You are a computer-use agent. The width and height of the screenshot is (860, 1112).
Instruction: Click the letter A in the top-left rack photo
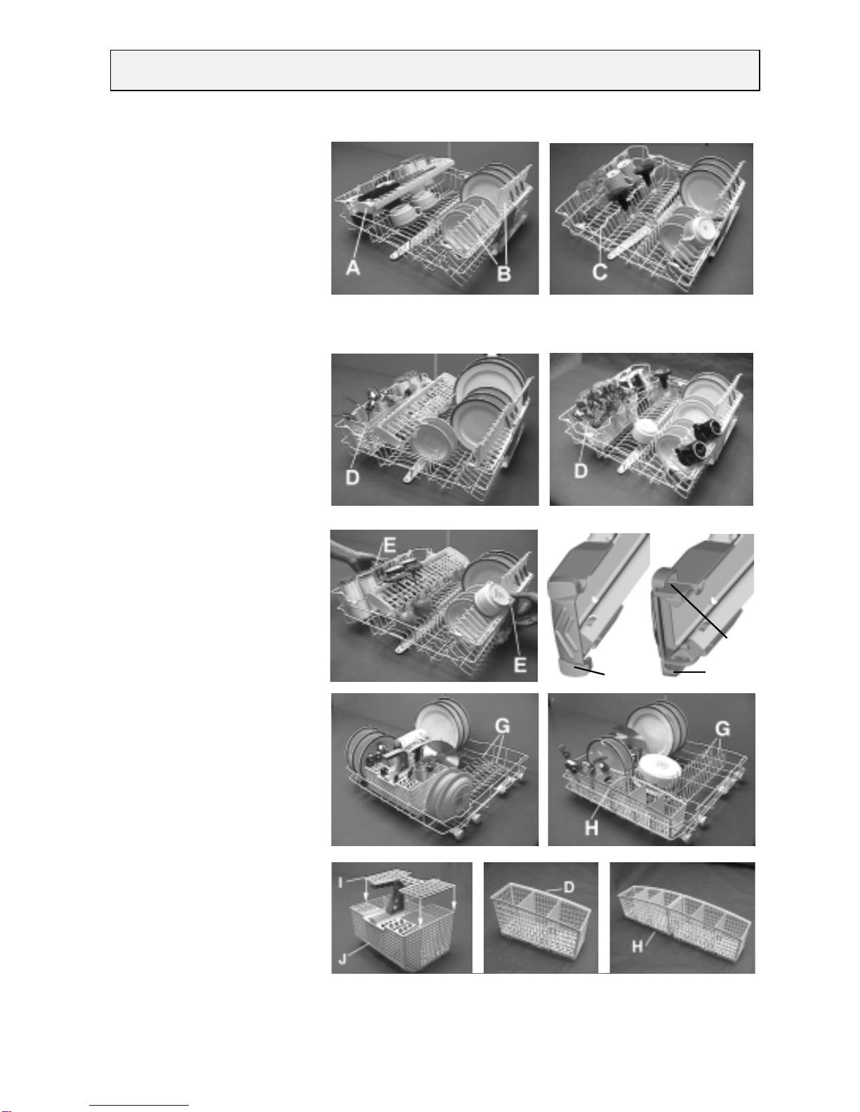[352, 267]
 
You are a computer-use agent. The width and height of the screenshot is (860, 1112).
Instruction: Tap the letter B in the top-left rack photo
[504, 274]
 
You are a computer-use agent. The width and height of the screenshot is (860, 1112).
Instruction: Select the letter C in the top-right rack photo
[600, 272]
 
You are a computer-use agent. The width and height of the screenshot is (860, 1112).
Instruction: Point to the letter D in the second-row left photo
[352, 478]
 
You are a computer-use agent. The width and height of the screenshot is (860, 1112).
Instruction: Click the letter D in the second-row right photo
[581, 471]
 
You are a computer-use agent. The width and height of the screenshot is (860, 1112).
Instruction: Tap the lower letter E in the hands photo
[520, 664]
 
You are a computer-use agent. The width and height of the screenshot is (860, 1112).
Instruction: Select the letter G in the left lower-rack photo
[503, 726]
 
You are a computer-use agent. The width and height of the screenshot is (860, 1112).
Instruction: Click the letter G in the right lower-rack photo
[722, 729]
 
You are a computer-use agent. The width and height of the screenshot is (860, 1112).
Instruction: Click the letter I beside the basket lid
[340, 882]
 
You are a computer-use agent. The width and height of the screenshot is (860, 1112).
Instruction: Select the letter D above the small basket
[569, 887]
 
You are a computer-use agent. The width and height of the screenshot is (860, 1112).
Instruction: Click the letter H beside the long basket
[637, 946]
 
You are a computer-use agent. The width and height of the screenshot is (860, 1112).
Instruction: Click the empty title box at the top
[435, 71]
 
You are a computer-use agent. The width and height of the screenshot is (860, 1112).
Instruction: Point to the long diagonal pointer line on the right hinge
[699, 611]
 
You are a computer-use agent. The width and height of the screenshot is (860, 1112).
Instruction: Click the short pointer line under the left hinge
[589, 671]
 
